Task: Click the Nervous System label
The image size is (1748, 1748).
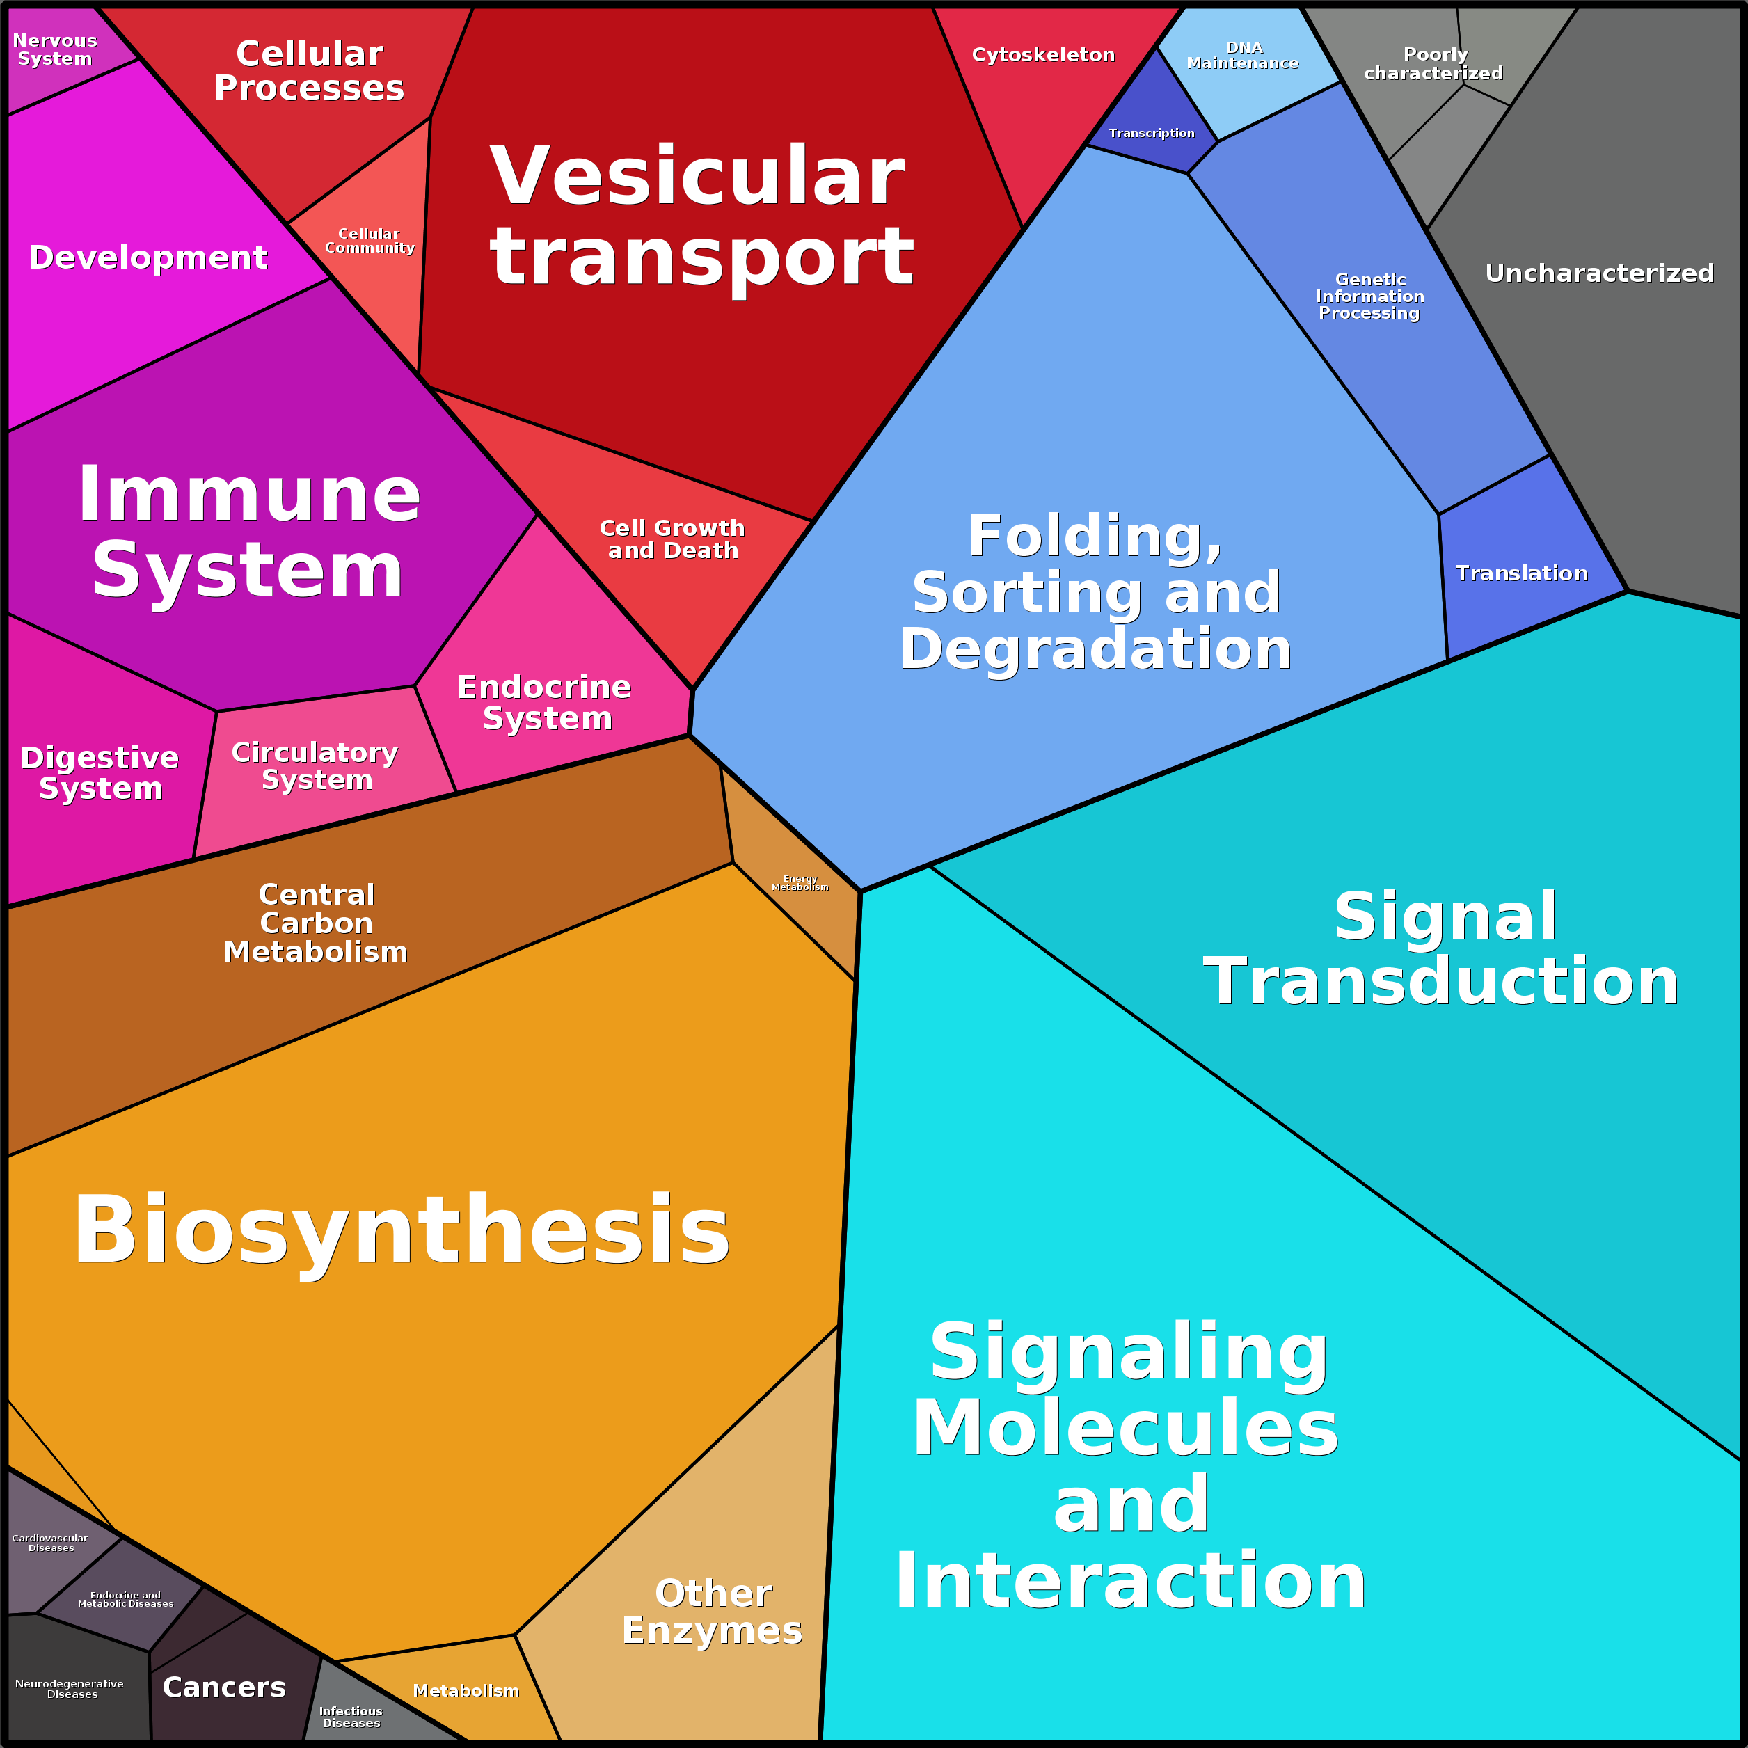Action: point(54,50)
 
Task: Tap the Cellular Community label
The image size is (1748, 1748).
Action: point(369,241)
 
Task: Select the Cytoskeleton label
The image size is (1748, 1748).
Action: point(1042,55)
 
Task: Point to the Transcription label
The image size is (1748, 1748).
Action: point(1151,133)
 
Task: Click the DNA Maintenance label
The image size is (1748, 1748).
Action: point(1242,55)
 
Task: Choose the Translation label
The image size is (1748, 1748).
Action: point(1521,573)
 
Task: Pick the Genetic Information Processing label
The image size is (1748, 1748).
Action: point(1370,296)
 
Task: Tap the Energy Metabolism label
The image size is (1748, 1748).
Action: point(800,883)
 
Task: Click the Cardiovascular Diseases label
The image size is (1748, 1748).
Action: point(51,1543)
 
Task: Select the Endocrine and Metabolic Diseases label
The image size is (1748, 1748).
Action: point(126,1600)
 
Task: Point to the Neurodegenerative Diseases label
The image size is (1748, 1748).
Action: point(70,1688)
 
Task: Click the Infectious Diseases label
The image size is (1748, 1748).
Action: point(351,1716)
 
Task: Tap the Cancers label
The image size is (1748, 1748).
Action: point(223,1687)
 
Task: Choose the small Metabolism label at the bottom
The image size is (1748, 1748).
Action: point(466,1690)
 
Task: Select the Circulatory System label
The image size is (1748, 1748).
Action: point(315,765)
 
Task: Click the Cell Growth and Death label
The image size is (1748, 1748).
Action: point(672,539)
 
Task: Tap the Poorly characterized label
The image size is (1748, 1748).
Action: point(1433,63)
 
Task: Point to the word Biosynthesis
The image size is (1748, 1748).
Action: point(401,1230)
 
